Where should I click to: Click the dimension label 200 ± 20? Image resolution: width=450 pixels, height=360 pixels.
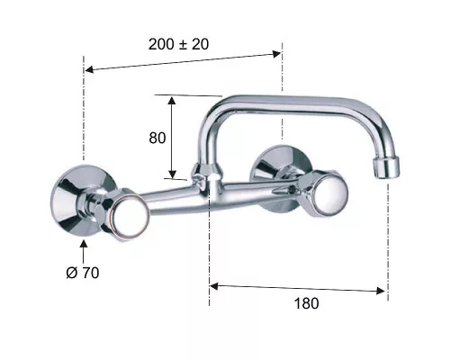click(178, 44)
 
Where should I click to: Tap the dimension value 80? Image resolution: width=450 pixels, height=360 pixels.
click(157, 138)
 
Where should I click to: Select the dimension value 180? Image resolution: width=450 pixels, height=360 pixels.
click(306, 303)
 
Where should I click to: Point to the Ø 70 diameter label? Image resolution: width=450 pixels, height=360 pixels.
click(83, 273)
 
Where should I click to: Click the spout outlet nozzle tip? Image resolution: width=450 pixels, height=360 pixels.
click(386, 167)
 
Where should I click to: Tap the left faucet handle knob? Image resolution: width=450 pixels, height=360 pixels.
click(129, 212)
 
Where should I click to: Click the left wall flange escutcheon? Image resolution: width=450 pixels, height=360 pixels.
click(75, 200)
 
